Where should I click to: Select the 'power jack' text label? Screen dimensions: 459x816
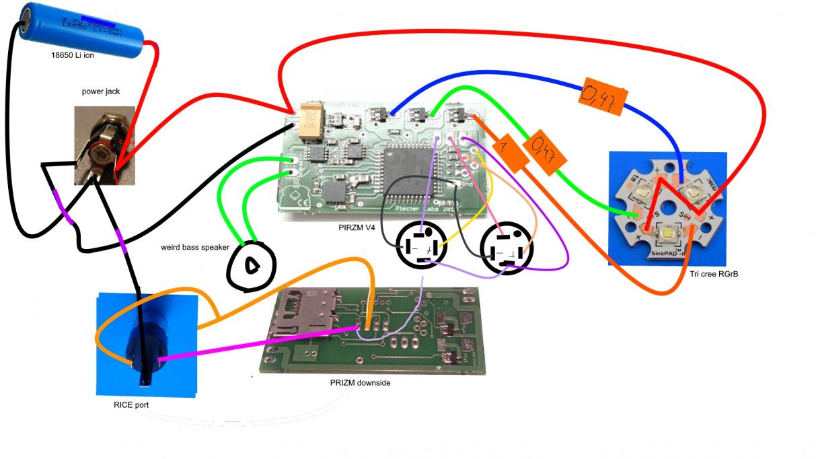pos(101,91)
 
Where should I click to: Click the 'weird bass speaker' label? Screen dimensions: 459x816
pos(195,247)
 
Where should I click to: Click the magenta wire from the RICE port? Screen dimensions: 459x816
pos(256,343)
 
